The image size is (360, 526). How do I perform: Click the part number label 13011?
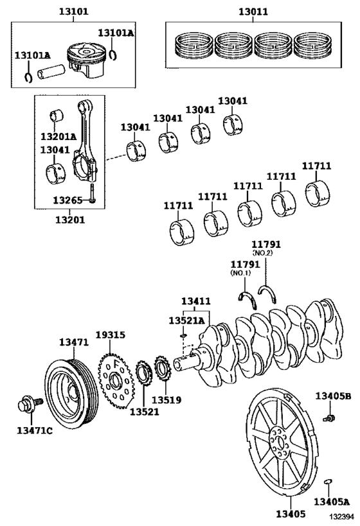253,12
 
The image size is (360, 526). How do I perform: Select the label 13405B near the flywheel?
333,396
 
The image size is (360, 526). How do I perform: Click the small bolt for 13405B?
328,418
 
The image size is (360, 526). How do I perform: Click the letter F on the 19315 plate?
116,364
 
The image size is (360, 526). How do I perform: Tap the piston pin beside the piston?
50,71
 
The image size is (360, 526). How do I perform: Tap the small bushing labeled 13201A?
57,116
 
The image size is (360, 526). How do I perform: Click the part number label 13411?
196,301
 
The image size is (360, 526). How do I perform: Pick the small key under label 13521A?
183,335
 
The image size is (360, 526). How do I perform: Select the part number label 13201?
70,220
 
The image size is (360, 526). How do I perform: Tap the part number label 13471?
74,342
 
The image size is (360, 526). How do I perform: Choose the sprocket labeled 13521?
144,373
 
